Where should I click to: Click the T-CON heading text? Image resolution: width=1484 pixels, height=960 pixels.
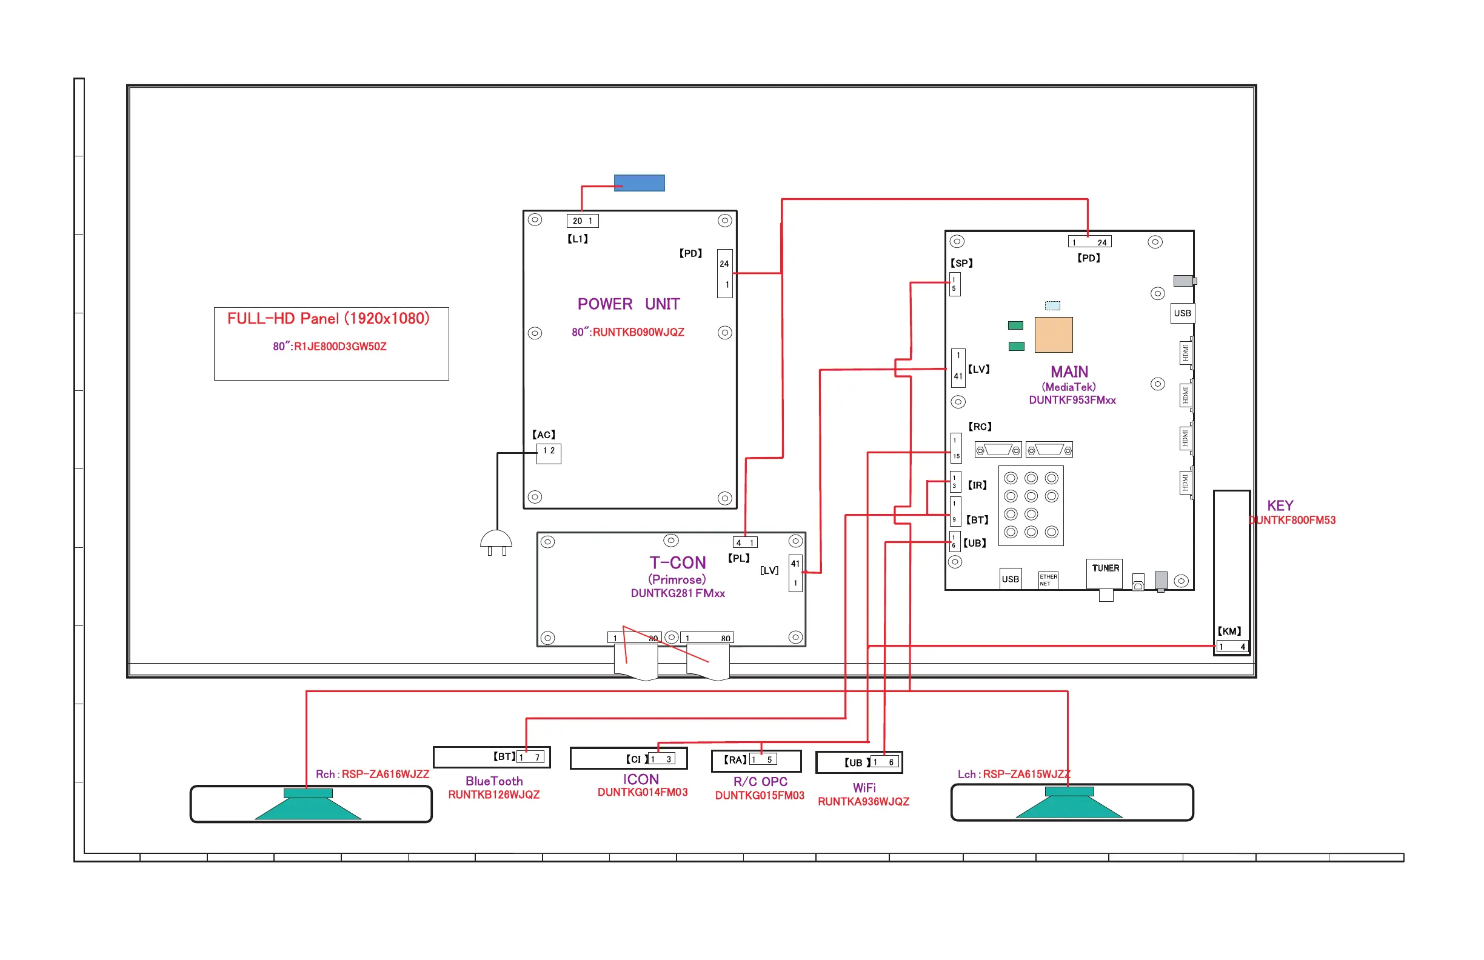(x=678, y=563)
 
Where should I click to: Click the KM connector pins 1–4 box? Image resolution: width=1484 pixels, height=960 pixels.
(x=1232, y=647)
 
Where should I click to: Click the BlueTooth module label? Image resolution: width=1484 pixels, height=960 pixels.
(x=494, y=781)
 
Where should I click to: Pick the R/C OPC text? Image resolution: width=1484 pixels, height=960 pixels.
(x=760, y=782)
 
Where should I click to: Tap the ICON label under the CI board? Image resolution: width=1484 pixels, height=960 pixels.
(x=641, y=779)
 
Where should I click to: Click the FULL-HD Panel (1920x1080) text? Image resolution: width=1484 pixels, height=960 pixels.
(x=329, y=319)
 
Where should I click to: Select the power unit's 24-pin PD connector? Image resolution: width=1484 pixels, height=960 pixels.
(x=724, y=274)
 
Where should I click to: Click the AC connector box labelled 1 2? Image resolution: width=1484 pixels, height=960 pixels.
(x=549, y=453)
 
